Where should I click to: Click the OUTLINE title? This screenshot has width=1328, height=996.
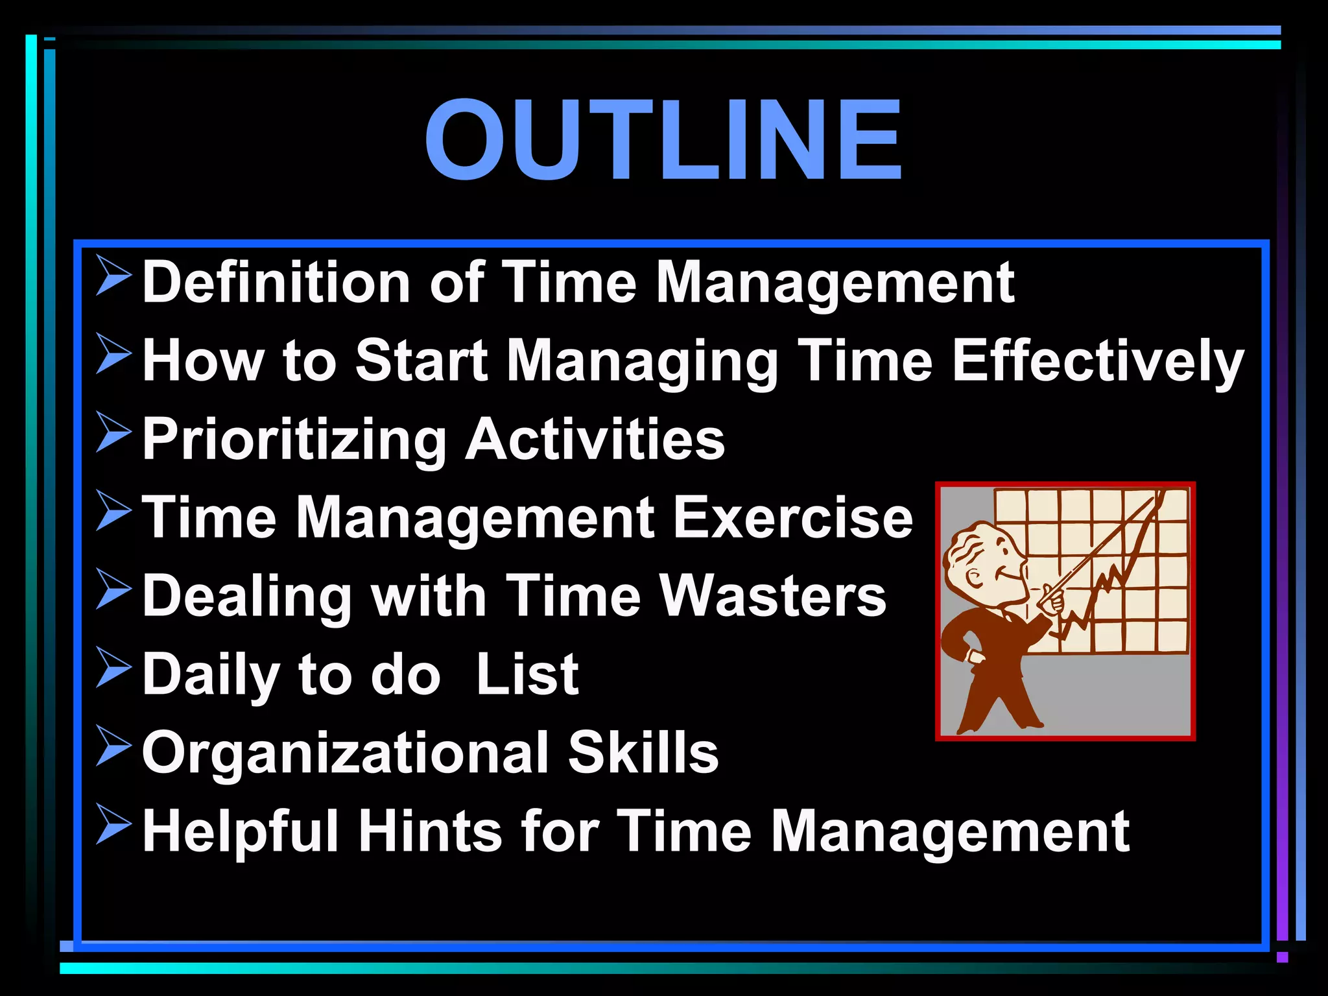tap(663, 139)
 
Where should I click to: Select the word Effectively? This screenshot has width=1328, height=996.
tap(1097, 361)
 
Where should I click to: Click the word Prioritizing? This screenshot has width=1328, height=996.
tap(294, 440)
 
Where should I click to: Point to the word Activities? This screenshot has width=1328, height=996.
tap(595, 439)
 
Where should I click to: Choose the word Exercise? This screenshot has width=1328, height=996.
tap(792, 517)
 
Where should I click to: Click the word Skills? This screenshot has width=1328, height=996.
tap(643, 752)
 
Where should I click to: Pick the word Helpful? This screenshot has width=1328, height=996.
tap(241, 832)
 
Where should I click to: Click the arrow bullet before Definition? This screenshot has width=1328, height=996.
tap(114, 275)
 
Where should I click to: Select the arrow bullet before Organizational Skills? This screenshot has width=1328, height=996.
tap(114, 745)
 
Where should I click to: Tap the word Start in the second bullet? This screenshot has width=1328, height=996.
tap(421, 361)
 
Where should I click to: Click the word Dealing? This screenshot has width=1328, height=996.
tap(247, 597)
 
